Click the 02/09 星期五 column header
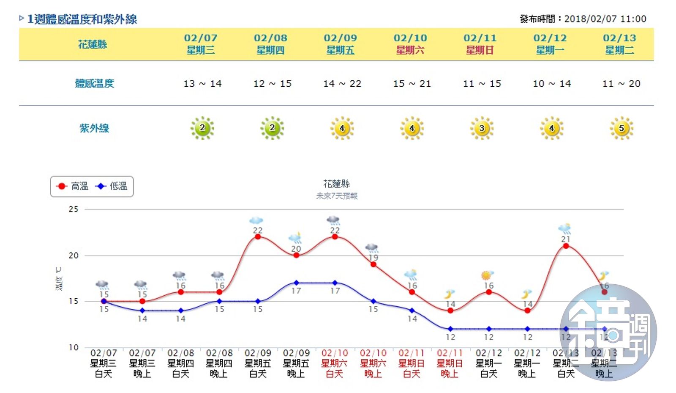[341, 44]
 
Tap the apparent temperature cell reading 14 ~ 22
[342, 84]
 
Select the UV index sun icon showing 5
[621, 128]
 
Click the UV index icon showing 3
[482, 128]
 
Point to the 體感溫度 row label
[94, 83]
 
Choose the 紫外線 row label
[94, 128]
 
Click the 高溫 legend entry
[72, 186]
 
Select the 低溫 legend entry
[112, 186]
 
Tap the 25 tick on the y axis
[74, 209]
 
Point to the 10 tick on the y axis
[74, 347]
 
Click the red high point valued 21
[566, 246]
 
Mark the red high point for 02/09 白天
[258, 236]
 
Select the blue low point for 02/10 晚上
[373, 301]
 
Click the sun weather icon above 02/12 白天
[488, 275]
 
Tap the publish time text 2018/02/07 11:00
[605, 19]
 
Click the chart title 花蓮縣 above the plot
[337, 184]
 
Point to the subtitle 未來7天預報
[337, 196]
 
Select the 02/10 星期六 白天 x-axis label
[335, 363]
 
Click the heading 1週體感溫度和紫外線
[82, 19]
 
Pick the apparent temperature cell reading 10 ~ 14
[552, 84]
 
